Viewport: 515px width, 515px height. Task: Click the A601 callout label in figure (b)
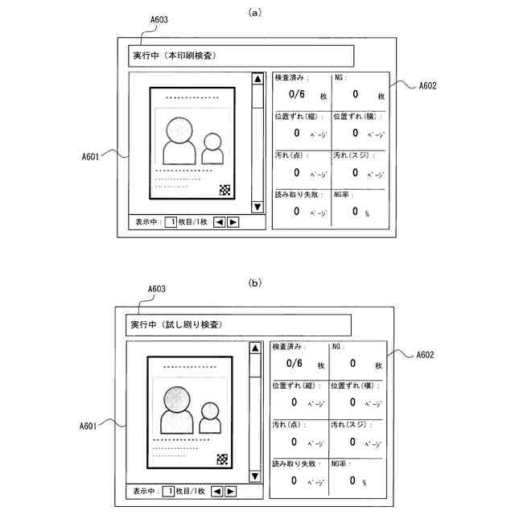(89, 425)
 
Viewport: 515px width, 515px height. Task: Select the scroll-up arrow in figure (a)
(257, 79)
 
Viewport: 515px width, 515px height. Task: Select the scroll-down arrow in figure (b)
(255, 476)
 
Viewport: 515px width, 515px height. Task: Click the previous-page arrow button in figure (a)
(219, 221)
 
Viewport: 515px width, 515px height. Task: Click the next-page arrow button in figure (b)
(230, 491)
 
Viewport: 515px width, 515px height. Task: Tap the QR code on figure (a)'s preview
(225, 190)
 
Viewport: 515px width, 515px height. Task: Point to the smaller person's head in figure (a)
(212, 142)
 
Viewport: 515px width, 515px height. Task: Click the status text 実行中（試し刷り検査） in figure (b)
(176, 324)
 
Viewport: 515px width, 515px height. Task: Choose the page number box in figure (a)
(171, 221)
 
